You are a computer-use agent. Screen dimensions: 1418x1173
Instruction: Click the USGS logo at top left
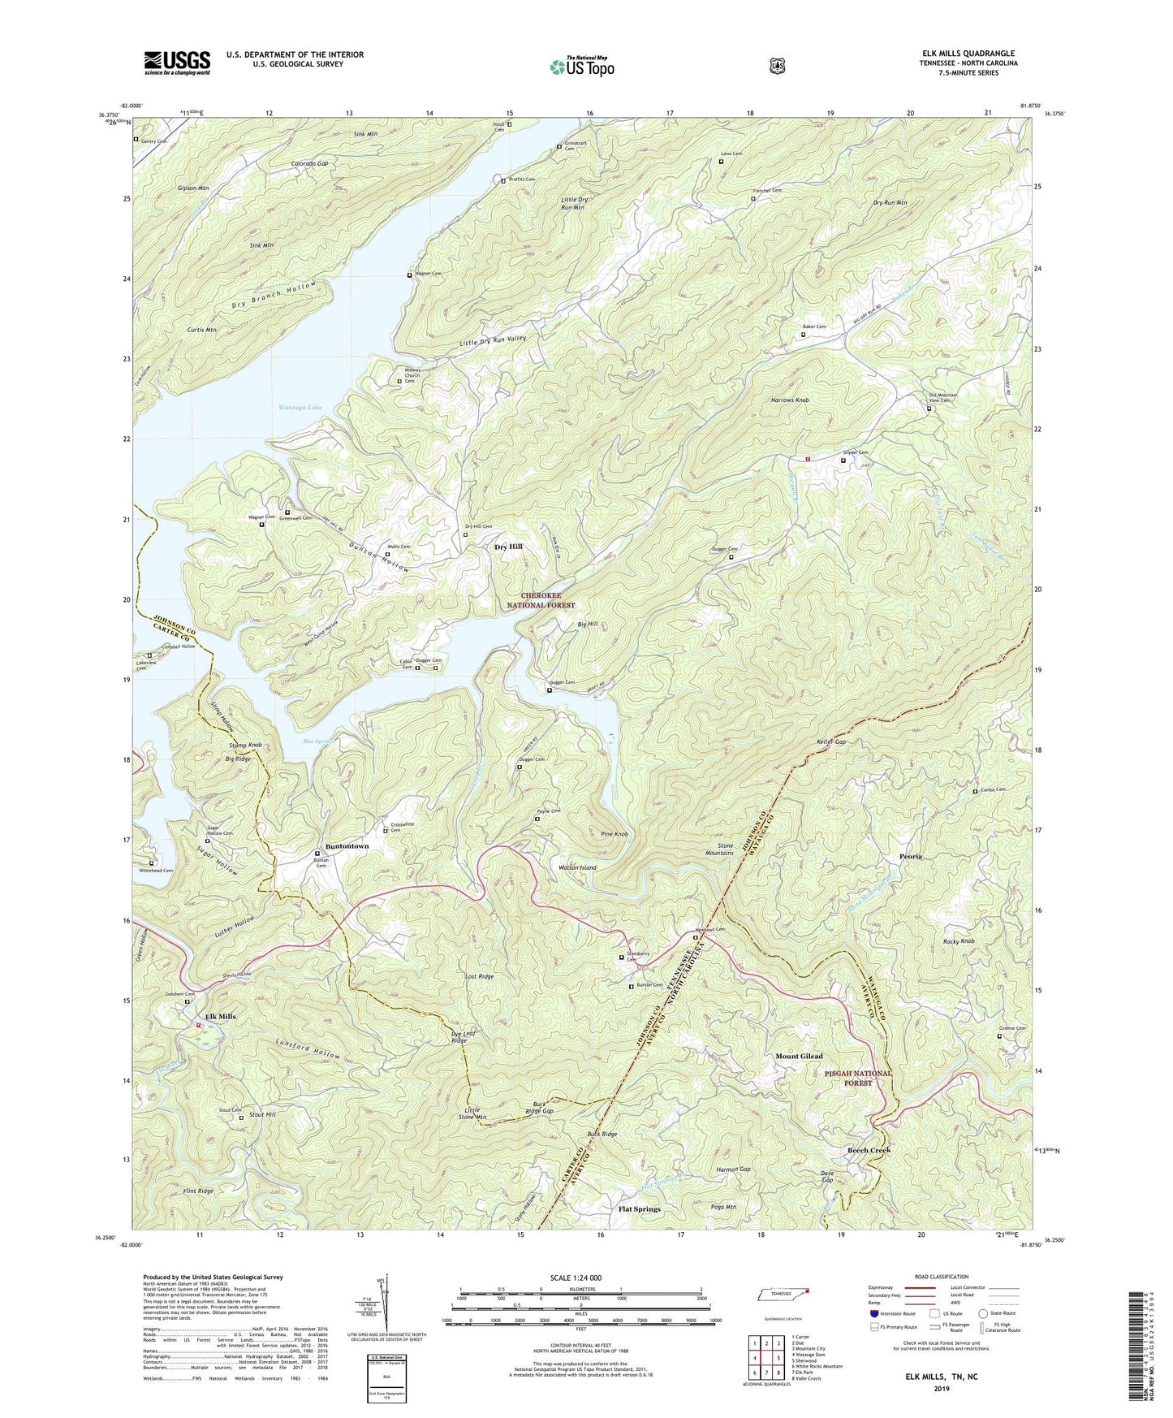pyautogui.click(x=177, y=63)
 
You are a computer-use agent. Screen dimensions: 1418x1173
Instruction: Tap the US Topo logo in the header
pyautogui.click(x=581, y=67)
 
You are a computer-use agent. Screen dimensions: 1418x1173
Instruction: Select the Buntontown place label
pyautogui.click(x=347, y=846)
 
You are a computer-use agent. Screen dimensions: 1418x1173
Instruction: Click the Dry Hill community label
pyautogui.click(x=509, y=547)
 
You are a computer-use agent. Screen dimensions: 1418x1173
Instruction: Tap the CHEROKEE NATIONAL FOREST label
pyautogui.click(x=541, y=600)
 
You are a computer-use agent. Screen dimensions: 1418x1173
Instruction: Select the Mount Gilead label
pyautogui.click(x=799, y=1056)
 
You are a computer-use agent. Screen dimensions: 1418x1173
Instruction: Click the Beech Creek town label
pyautogui.click(x=869, y=1150)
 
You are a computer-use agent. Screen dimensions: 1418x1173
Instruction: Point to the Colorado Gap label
pyautogui.click(x=310, y=163)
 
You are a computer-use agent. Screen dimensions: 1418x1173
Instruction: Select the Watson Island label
pyautogui.click(x=577, y=867)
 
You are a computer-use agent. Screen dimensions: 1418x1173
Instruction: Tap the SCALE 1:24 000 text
pyautogui.click(x=576, y=1277)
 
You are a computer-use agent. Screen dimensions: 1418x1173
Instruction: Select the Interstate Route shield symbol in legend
pyautogui.click(x=873, y=1312)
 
